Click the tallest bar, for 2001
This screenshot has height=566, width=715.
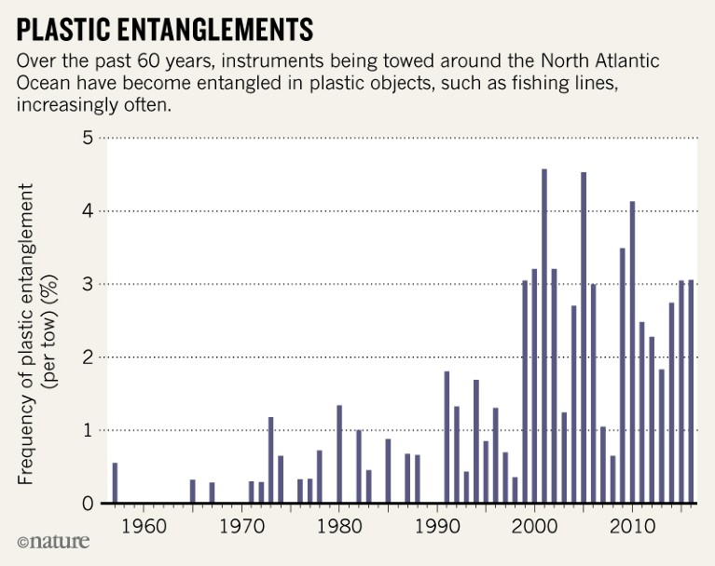point(544,336)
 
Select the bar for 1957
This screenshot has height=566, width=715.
point(115,483)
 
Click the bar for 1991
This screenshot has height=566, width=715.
point(447,438)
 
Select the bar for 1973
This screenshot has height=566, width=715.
point(270,460)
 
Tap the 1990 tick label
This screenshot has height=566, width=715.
point(437,525)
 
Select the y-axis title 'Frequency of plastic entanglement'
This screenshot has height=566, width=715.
point(27,333)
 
